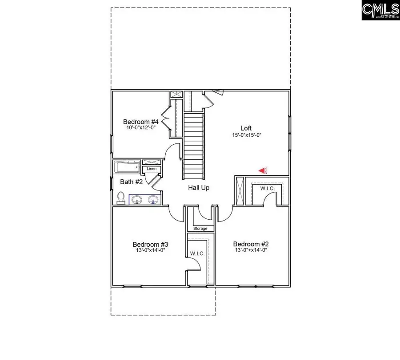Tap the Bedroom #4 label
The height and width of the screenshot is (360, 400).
click(x=141, y=122)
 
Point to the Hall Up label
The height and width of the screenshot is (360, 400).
click(x=199, y=188)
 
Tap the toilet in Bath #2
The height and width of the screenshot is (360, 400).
click(x=120, y=198)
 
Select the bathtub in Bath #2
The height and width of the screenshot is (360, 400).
click(x=127, y=167)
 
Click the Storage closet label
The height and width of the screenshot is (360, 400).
click(x=200, y=228)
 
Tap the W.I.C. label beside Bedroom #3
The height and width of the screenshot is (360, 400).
click(x=197, y=253)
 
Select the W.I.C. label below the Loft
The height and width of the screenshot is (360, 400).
click(x=267, y=189)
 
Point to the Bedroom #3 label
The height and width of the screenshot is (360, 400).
click(x=150, y=244)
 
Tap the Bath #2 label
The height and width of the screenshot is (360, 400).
click(x=132, y=182)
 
